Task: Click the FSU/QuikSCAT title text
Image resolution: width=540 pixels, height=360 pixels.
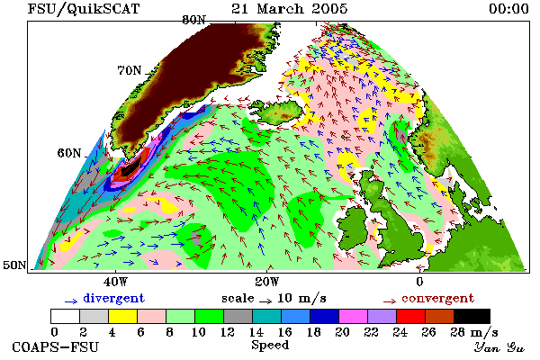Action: (84, 9)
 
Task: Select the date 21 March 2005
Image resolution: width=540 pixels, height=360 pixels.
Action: (289, 9)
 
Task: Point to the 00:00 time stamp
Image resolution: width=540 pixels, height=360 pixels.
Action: (508, 9)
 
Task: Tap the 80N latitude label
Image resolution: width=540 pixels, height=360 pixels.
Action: (193, 20)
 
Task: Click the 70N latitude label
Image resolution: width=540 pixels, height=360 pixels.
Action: (130, 70)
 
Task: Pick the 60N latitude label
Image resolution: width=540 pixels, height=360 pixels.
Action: (69, 153)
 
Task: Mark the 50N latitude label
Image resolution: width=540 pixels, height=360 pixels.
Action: (14, 265)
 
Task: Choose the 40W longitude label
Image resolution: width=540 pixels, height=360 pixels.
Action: (115, 282)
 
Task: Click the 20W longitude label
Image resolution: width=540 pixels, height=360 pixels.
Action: (266, 282)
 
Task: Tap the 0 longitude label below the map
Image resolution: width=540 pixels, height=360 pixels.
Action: (419, 282)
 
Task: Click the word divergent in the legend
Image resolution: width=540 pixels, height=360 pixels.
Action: (114, 298)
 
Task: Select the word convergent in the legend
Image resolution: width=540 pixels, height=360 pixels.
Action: (438, 298)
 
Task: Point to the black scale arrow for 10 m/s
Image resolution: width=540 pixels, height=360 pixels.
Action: (265, 301)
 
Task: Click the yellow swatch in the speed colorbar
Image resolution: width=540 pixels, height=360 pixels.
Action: (122, 316)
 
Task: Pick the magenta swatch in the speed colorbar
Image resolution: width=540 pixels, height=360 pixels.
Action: (353, 316)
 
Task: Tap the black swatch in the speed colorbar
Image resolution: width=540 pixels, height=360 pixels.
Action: (472, 316)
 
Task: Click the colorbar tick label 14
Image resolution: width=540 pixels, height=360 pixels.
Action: (256, 332)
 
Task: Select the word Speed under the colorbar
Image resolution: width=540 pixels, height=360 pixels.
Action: (270, 345)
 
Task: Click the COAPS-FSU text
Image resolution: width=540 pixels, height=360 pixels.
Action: (56, 346)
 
